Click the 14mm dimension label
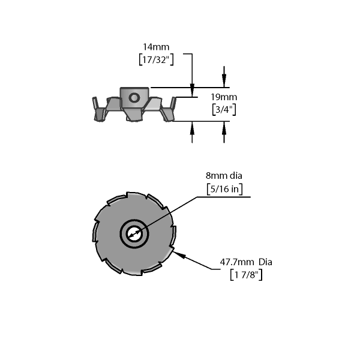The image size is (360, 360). (x=156, y=47)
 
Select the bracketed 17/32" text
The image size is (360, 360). (x=156, y=59)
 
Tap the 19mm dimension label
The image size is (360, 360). (x=224, y=97)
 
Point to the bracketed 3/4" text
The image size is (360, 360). (x=224, y=110)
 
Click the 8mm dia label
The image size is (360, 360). (x=224, y=176)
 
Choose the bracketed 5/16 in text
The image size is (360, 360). (x=224, y=189)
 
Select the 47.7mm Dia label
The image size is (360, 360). (x=246, y=262)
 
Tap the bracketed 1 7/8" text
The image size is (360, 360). (x=246, y=275)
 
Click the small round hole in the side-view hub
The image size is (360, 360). (x=134, y=98)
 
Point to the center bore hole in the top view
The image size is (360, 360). (x=134, y=234)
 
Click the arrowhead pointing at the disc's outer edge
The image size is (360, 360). (x=179, y=254)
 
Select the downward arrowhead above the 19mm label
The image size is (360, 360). (x=224, y=81)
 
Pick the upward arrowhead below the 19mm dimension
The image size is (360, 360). (x=224, y=127)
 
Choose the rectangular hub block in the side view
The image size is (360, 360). (x=134, y=97)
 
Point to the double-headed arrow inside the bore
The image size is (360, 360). (x=134, y=235)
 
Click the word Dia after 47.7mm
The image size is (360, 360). (x=266, y=262)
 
